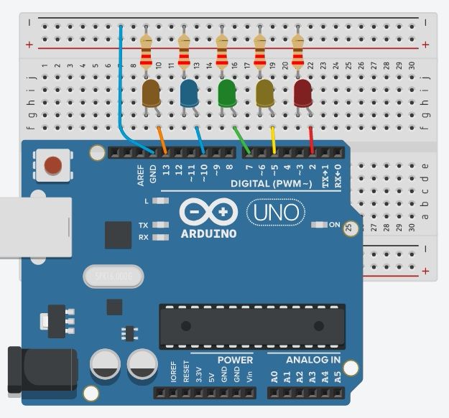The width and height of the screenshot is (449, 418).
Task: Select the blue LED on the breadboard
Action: (190, 94)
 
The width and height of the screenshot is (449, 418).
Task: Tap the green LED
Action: (227, 94)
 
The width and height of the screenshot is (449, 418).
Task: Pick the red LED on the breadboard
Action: (303, 94)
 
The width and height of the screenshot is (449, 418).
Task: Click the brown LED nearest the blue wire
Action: (152, 94)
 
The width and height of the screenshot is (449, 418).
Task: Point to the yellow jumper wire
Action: (273, 139)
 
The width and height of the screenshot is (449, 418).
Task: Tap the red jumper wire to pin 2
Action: (310, 139)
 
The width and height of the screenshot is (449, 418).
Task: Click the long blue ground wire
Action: (121, 86)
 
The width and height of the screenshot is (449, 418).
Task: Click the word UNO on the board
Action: (276, 213)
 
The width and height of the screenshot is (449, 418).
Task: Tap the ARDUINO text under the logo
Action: (208, 234)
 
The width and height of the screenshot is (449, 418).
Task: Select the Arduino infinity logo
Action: (208, 212)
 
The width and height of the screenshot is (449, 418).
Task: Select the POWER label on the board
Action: (231, 360)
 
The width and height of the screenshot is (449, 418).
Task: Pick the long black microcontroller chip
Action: (252, 326)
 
